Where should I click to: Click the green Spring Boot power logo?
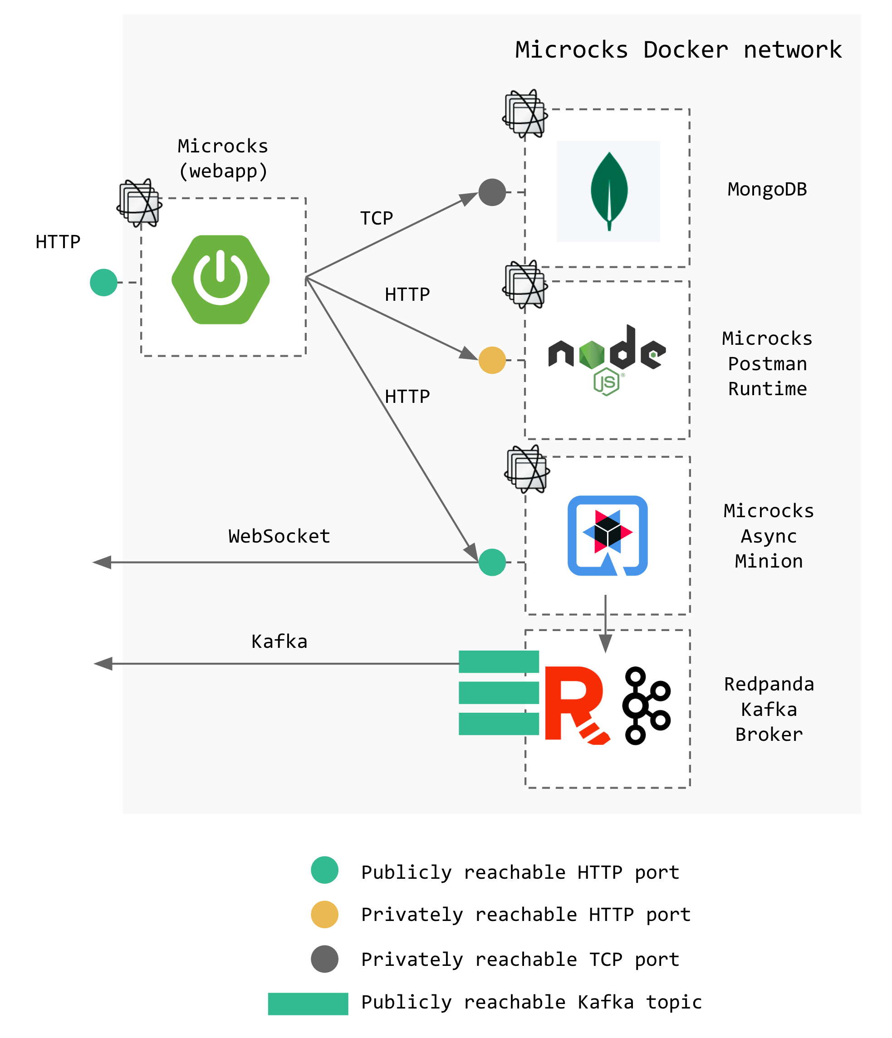[x=221, y=279]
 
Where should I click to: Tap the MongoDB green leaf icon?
[x=609, y=191]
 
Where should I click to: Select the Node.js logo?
[x=607, y=359]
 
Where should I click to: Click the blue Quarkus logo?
[x=608, y=535]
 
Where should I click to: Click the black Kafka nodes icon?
[x=646, y=705]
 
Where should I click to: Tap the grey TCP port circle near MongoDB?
[x=492, y=192]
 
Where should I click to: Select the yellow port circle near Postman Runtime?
[x=492, y=360]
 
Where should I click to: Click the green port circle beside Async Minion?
[x=492, y=562]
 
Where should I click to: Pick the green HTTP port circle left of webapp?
[x=104, y=283]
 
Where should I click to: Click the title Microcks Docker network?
[x=678, y=50]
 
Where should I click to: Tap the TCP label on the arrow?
[x=376, y=218]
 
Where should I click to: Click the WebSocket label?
[x=279, y=536]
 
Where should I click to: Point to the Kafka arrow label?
[x=279, y=641]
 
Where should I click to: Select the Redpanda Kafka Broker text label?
[x=769, y=709]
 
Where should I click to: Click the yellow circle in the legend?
[x=325, y=914]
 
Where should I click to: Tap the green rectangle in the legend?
[x=308, y=1004]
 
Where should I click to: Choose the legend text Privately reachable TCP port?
[x=520, y=960]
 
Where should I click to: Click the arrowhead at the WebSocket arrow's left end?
[x=102, y=562]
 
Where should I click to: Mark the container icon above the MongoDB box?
[x=524, y=114]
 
